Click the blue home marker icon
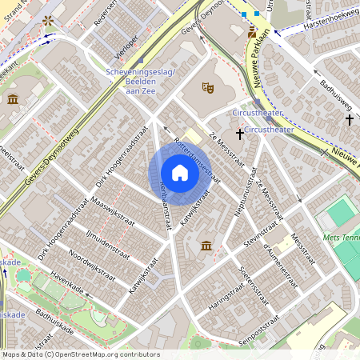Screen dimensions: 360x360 pos(180,172)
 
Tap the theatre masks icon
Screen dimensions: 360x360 pos(208,86)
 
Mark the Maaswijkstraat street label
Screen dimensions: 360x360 pos(110,210)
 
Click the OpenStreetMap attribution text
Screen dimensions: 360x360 pos(80,354)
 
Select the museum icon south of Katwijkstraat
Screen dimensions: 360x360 pos(206,245)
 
